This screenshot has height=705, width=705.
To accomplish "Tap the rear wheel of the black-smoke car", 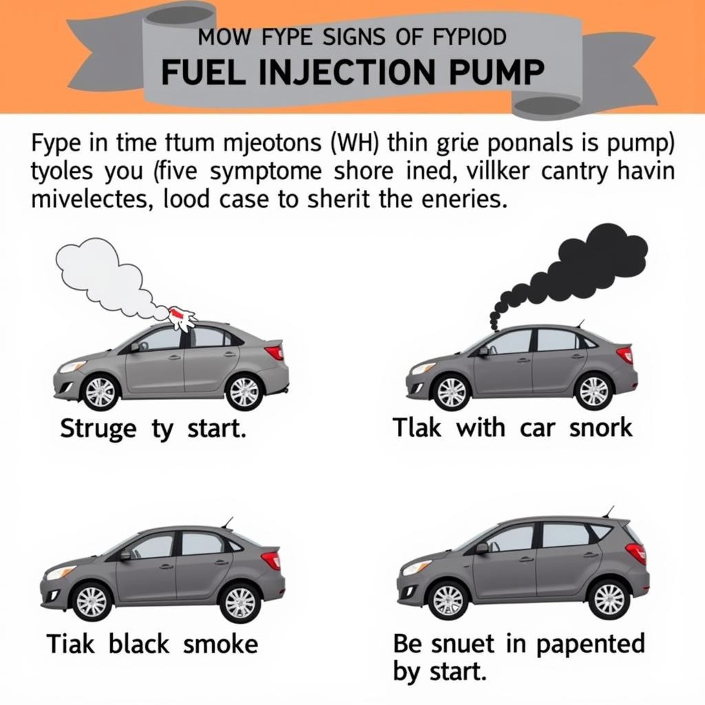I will click(593, 390).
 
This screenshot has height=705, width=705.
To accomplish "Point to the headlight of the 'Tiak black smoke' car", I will click(60, 572).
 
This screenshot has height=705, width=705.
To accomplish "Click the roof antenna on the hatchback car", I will click(609, 511).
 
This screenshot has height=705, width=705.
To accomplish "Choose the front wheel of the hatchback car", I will click(448, 599).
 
